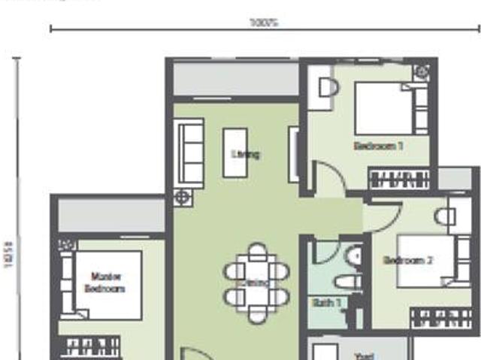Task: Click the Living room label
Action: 245,155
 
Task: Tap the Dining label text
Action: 256,283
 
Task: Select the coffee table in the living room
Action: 234,153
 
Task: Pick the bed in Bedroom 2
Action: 425,261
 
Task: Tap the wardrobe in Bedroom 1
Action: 398,179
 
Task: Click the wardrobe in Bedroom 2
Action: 442,318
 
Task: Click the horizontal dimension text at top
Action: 264,23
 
